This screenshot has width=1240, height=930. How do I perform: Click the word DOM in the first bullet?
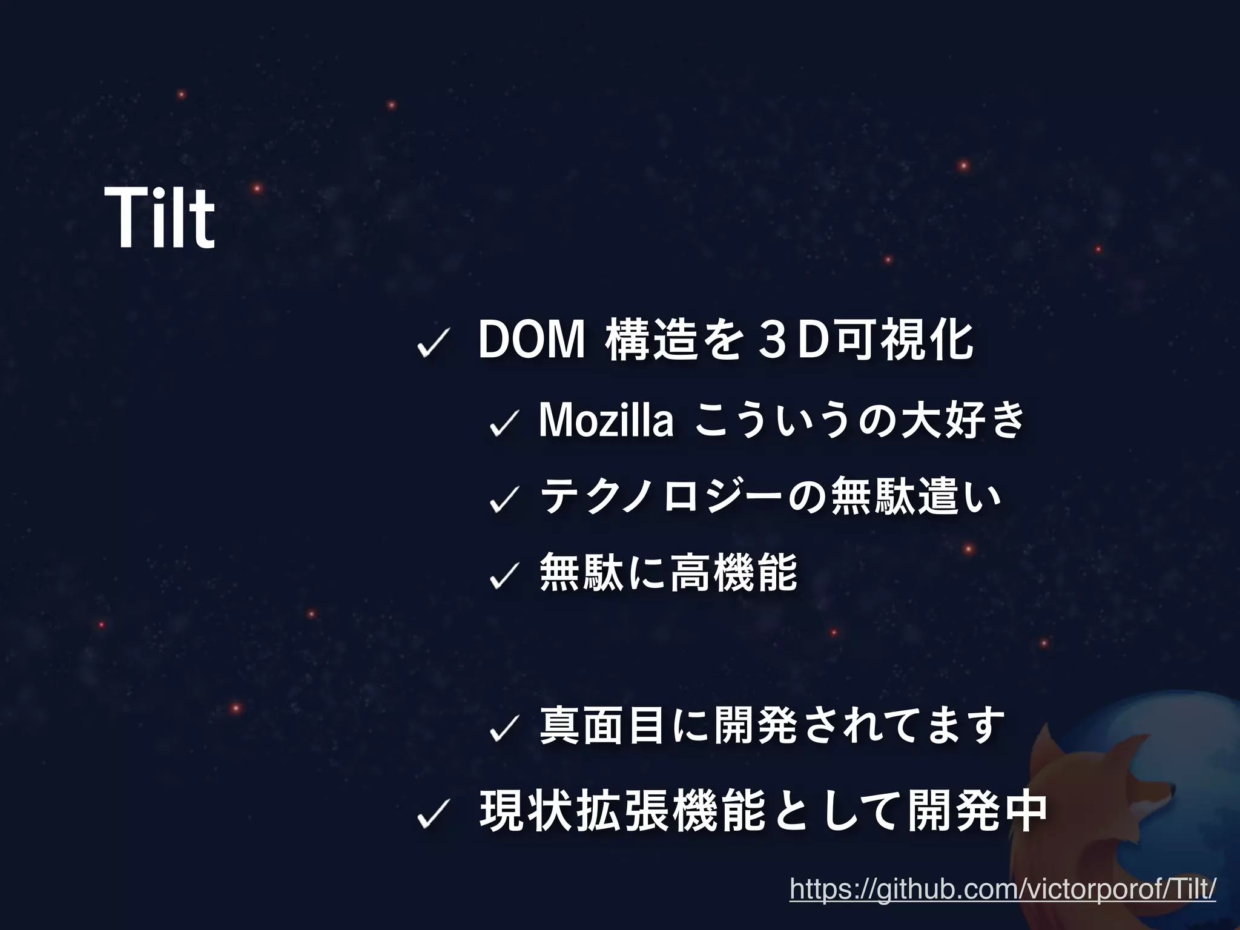point(532,341)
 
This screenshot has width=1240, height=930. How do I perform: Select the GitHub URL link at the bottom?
point(1003,889)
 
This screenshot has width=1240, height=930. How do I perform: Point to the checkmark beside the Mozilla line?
point(502,423)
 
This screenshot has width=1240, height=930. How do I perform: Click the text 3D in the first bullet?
point(793,341)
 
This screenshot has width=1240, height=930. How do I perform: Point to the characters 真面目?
point(602,725)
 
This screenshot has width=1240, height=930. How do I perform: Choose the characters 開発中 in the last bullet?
point(977,811)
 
